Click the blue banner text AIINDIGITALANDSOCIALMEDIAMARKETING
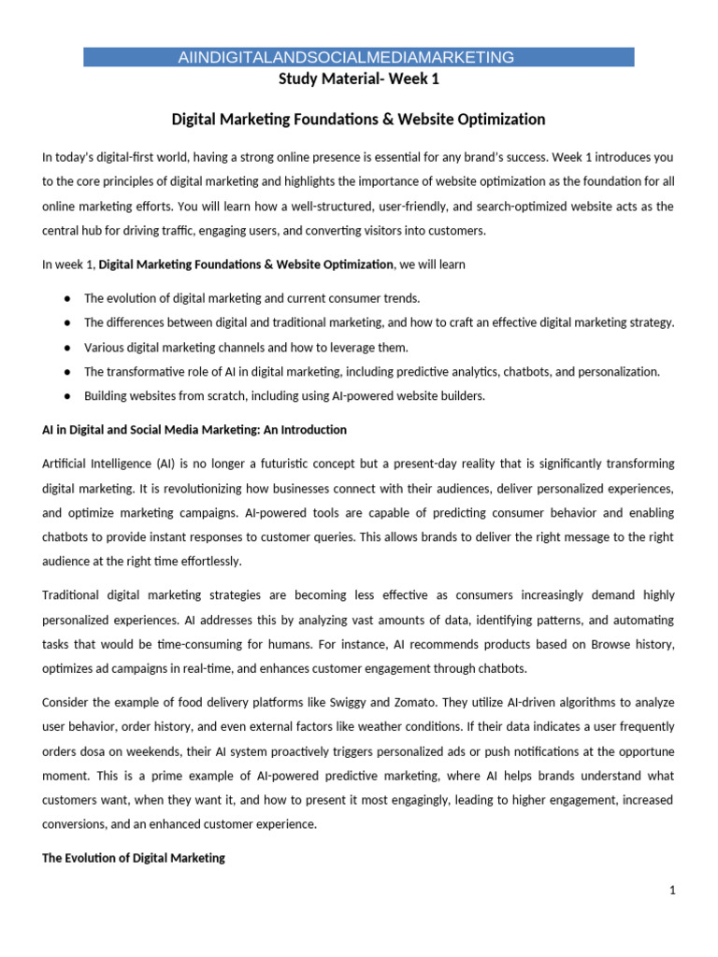[x=346, y=58]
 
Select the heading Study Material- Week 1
[x=359, y=79]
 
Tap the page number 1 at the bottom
[x=671, y=892]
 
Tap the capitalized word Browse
[x=598, y=644]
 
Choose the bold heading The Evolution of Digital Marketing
[x=134, y=858]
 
